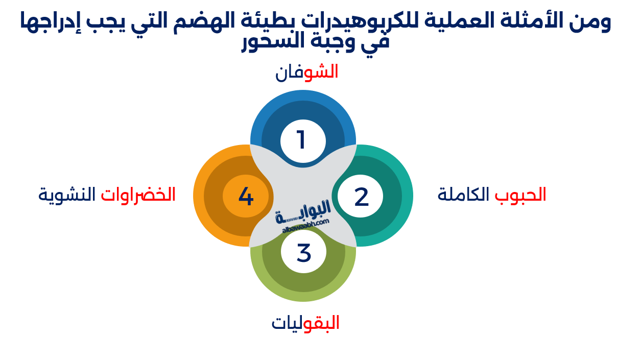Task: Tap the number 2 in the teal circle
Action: click(x=361, y=197)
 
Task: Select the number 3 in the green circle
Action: click(x=303, y=253)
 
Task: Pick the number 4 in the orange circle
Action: click(x=246, y=197)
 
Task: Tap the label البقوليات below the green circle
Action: click(x=305, y=323)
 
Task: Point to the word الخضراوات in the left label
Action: click(x=138, y=195)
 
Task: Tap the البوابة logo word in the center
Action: click(x=303, y=210)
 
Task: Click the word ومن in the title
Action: click(x=594, y=21)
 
